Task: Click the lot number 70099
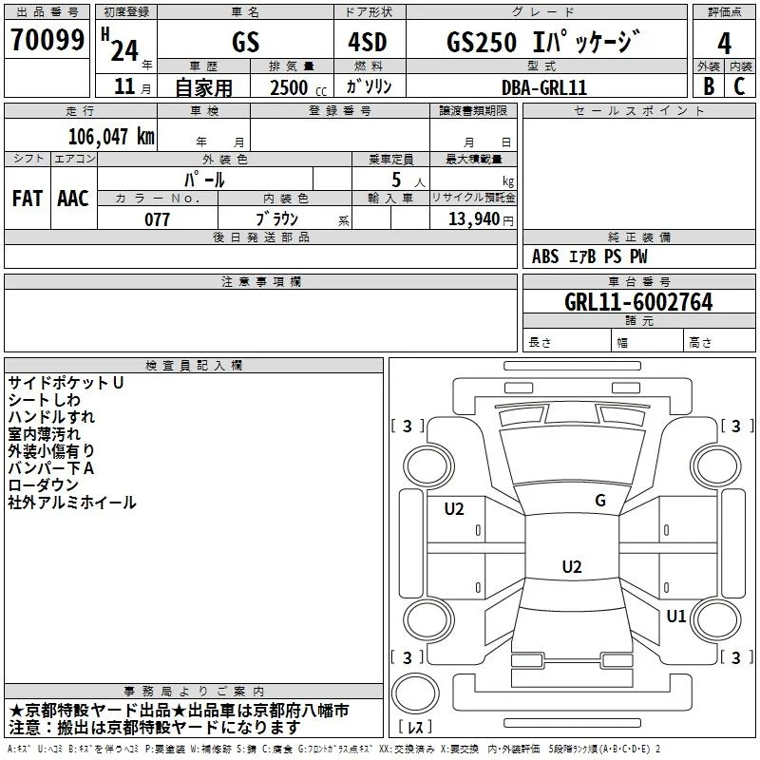47,39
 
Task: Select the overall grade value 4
724,43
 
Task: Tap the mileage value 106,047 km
111,136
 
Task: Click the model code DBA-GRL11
543,87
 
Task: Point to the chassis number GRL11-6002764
638,302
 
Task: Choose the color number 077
157,219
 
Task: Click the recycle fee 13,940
473,219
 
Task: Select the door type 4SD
368,42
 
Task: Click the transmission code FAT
28,199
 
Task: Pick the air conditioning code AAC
73,199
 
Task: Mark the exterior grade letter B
709,86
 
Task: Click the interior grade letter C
739,86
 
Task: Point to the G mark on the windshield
600,501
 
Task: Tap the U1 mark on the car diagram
675,616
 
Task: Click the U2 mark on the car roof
572,566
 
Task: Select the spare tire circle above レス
415,694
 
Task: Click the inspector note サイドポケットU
66,383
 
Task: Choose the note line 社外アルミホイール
72,503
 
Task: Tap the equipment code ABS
545,256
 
